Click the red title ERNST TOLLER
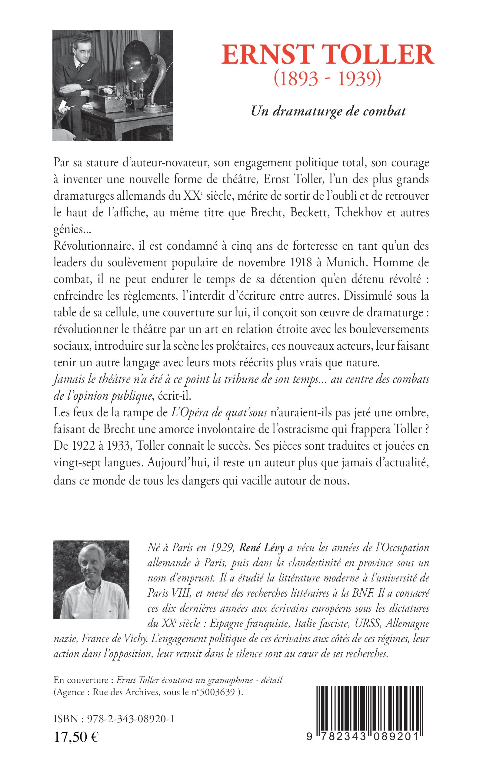[328, 55]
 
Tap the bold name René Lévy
[261, 548]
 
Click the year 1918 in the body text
[301, 262]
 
